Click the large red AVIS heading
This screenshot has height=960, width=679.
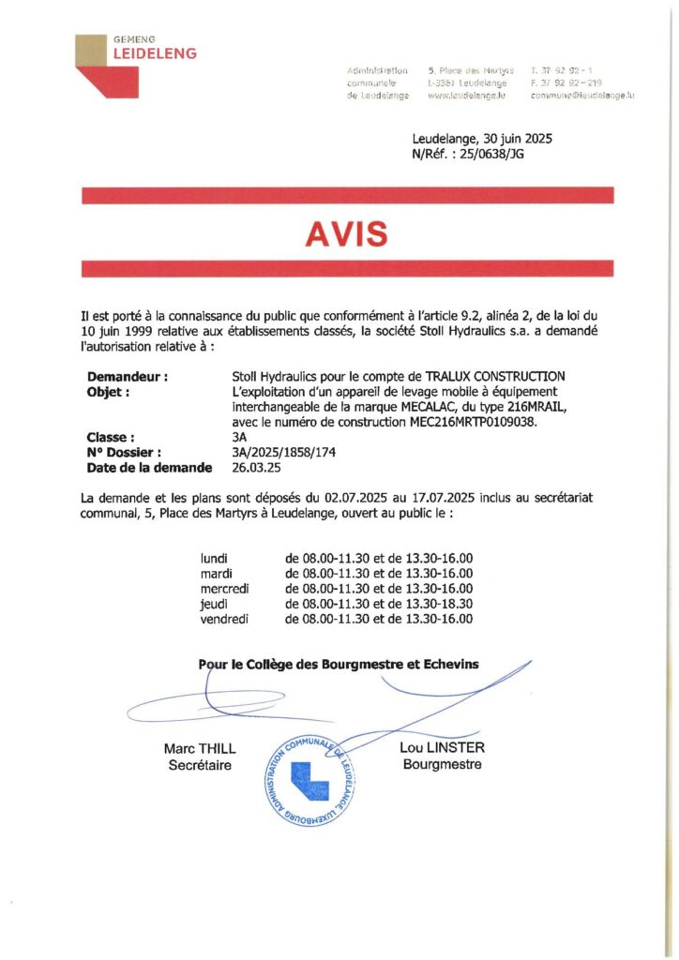(x=347, y=234)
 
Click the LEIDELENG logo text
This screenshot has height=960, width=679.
(x=155, y=53)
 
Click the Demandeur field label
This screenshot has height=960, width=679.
(x=128, y=377)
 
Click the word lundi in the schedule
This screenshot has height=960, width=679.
(x=215, y=559)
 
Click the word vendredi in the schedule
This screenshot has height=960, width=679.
(x=224, y=619)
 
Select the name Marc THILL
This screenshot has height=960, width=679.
(x=200, y=749)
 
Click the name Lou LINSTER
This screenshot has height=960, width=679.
(x=442, y=747)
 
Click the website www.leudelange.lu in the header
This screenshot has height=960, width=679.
(x=467, y=96)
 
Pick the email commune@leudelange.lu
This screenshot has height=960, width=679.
(x=582, y=96)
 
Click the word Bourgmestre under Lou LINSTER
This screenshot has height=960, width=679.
(x=442, y=764)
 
